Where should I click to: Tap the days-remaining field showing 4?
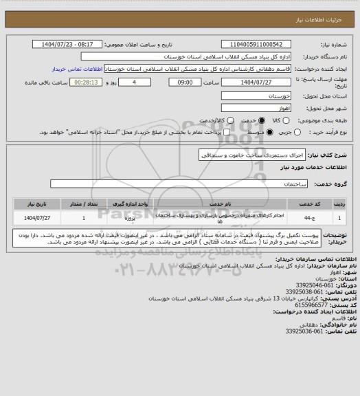tap(142, 81)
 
